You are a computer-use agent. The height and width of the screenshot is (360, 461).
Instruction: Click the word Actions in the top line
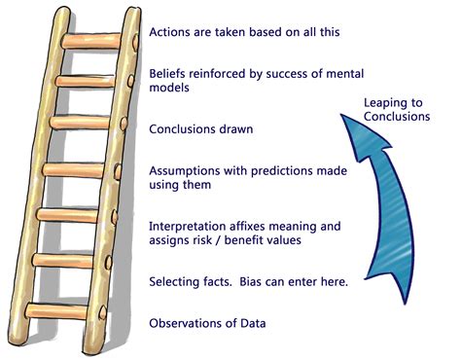172,30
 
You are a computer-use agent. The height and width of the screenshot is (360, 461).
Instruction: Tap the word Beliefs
170,73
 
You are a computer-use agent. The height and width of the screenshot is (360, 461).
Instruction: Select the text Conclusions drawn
201,128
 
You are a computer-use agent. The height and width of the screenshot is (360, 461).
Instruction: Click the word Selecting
177,282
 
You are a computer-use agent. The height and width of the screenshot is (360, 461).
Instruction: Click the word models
169,88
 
